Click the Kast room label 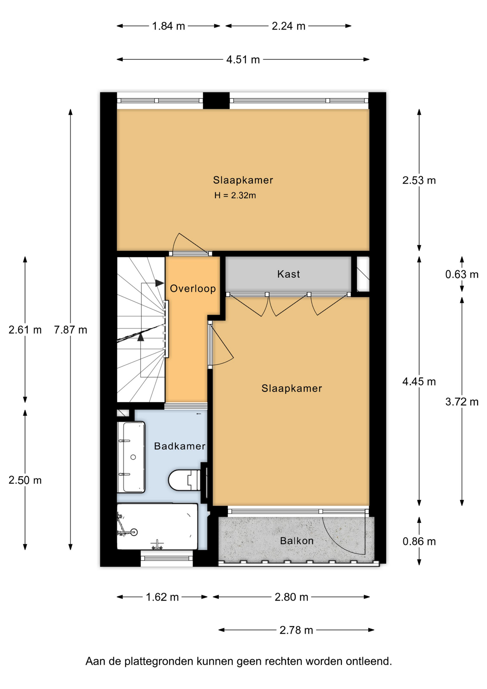(x=288, y=274)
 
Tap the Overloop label (x=193, y=289)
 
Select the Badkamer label (x=180, y=446)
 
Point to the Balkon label (x=297, y=541)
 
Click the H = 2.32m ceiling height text (x=235, y=195)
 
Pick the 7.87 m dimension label (x=71, y=329)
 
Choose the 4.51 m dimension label (x=243, y=60)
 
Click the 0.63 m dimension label (x=462, y=275)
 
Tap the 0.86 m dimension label (x=419, y=541)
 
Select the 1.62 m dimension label (x=162, y=597)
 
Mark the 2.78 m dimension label (x=296, y=630)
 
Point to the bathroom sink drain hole (x=133, y=457)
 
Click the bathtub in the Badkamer (x=157, y=526)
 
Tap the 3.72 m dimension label (x=462, y=402)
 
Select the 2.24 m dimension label (x=289, y=26)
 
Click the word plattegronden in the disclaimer (x=159, y=661)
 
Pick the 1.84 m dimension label (x=169, y=26)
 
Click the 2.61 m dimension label (x=25, y=329)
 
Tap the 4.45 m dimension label (x=419, y=381)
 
